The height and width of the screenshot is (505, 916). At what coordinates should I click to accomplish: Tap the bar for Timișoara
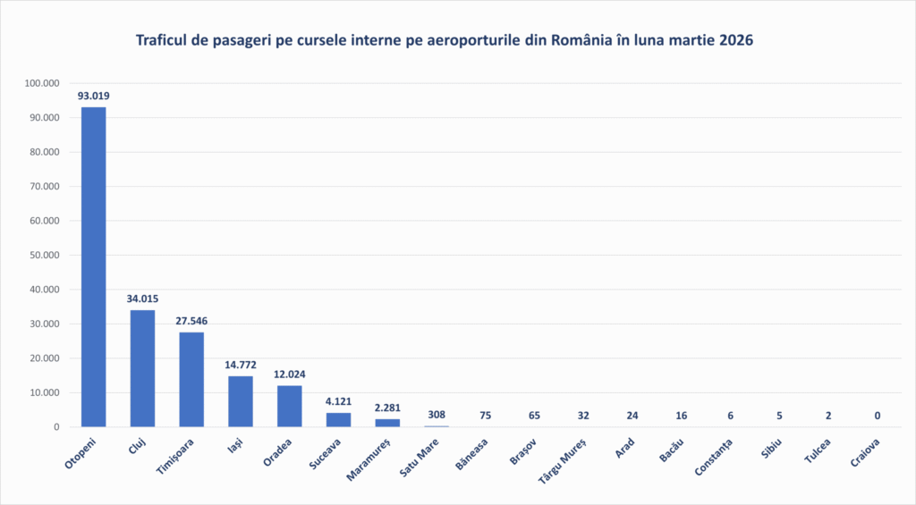191,379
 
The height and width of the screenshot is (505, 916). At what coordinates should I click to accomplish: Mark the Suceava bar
338,420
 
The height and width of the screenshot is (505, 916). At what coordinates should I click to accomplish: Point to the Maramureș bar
387,423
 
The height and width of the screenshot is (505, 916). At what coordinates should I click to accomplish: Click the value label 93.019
93,96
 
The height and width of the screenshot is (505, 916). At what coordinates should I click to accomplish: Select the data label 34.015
142,299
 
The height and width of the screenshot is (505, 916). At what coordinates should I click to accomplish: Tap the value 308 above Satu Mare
436,415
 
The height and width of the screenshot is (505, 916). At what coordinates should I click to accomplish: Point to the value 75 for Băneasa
485,415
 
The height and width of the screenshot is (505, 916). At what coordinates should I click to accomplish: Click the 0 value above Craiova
877,415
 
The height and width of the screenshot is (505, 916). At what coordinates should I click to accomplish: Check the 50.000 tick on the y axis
43,255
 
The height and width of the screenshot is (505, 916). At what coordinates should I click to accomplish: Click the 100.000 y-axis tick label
41,83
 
